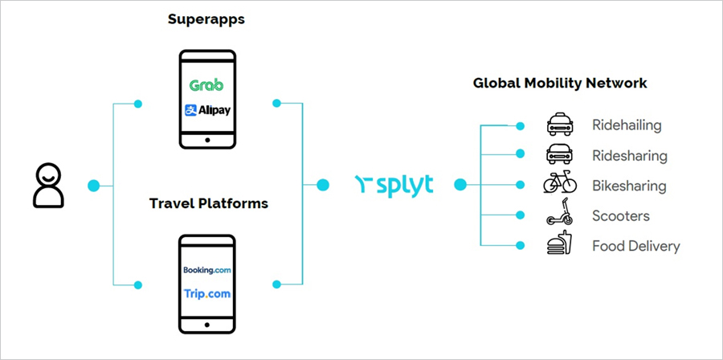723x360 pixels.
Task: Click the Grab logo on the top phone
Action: tap(206, 84)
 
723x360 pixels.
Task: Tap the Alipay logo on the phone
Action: tap(206, 110)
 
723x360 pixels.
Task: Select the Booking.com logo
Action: tap(206, 270)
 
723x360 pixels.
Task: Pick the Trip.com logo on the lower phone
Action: tap(206, 293)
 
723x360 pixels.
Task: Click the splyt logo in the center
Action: tap(394, 185)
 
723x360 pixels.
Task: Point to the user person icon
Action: tap(47, 186)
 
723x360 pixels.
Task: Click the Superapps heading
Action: tap(206, 18)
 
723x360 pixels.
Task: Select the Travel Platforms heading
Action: tap(209, 203)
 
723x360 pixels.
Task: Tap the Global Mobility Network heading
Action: tap(560, 83)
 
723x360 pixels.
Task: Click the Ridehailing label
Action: tap(627, 125)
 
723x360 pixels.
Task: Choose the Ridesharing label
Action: tap(630, 156)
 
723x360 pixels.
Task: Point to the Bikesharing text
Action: tap(629, 186)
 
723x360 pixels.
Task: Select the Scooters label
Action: tap(621, 216)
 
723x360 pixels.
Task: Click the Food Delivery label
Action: tap(635, 246)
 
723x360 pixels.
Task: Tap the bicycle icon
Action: tap(560, 185)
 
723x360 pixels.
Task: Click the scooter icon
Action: tap(560, 215)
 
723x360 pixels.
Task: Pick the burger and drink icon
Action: tap(560, 244)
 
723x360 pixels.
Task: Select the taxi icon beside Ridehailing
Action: tap(560, 125)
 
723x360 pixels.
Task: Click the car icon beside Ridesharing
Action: tap(560, 154)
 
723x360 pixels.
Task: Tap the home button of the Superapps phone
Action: tap(207, 140)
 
